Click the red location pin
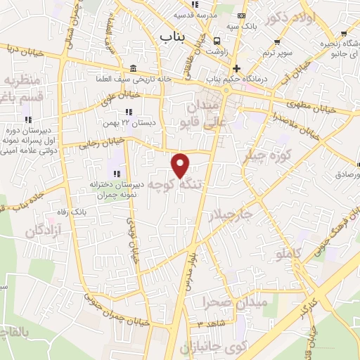click(x=181, y=165)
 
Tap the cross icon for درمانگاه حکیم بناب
click(x=236, y=68)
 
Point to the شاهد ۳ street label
click(x=210, y=323)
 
